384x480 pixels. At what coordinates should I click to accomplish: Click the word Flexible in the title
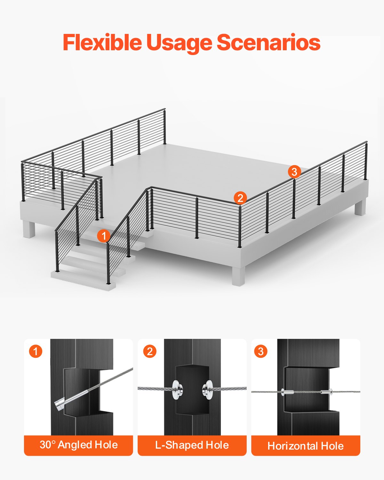pyautogui.click(x=102, y=42)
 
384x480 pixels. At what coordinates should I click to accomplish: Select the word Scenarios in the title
pyautogui.click(x=268, y=42)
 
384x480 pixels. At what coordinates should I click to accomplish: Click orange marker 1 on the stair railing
pyautogui.click(x=104, y=236)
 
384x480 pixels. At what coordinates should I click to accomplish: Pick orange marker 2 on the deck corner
pyautogui.click(x=240, y=198)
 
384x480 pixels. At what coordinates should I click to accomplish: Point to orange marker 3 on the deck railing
pyautogui.click(x=294, y=172)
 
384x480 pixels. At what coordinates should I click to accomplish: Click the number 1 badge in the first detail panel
pyautogui.click(x=36, y=351)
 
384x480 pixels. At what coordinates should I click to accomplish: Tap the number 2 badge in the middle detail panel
pyautogui.click(x=149, y=351)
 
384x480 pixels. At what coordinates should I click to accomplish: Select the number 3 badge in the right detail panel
pyautogui.click(x=261, y=351)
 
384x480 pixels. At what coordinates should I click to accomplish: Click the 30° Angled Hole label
pyautogui.click(x=78, y=445)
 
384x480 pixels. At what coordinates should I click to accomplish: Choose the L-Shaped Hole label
pyautogui.click(x=192, y=445)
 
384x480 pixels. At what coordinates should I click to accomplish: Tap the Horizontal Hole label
pyautogui.click(x=306, y=445)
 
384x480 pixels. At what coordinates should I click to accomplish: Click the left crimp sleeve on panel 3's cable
pyautogui.click(x=287, y=391)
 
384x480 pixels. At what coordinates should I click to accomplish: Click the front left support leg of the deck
pyautogui.click(x=29, y=229)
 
